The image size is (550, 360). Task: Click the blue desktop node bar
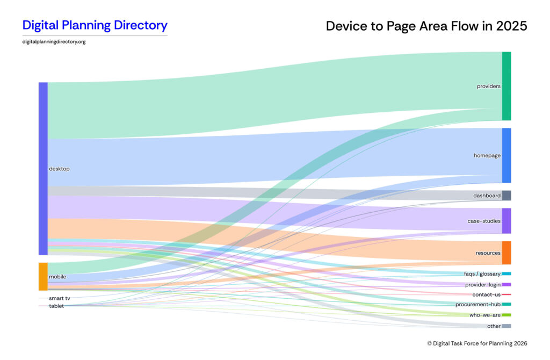(x=43, y=168)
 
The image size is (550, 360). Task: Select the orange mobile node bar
(x=43, y=276)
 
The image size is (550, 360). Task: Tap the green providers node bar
(x=506, y=86)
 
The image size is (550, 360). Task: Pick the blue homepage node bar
(x=506, y=155)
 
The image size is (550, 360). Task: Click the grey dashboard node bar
(x=506, y=196)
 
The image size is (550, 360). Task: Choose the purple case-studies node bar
(x=506, y=221)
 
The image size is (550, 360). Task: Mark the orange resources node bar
(x=506, y=253)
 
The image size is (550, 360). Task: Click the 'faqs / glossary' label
(x=482, y=274)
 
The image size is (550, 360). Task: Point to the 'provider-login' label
(x=483, y=284)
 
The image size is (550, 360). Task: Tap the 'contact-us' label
(x=487, y=294)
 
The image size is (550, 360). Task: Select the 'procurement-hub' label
(x=478, y=304)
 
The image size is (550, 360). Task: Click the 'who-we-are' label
(x=485, y=315)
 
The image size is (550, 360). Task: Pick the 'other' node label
(x=494, y=326)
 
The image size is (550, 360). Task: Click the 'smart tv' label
(x=59, y=298)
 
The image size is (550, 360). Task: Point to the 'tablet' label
(x=56, y=306)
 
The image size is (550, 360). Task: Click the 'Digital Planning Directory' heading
(x=95, y=25)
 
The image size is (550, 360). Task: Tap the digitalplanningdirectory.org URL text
(x=54, y=42)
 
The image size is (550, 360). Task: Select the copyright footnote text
(x=477, y=343)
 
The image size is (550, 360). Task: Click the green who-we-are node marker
(x=506, y=315)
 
